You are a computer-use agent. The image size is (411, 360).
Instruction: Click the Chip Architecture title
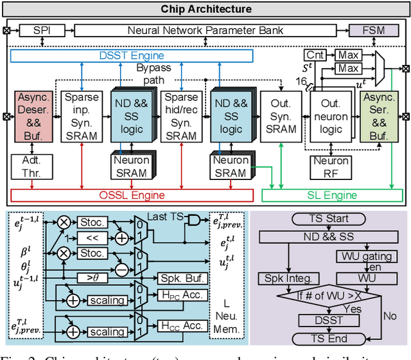(205, 9)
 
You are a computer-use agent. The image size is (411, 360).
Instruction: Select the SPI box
(42, 30)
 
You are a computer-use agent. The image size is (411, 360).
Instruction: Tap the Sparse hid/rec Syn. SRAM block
(180, 116)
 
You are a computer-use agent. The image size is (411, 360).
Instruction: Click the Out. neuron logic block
(331, 116)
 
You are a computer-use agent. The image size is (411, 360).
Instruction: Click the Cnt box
(314, 55)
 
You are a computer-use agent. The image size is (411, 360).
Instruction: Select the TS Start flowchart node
(328, 219)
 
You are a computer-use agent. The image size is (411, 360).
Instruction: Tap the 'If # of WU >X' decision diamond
(327, 296)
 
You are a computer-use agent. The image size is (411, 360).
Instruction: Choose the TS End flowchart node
(328, 338)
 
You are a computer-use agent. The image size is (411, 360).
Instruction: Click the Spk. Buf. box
(183, 281)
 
